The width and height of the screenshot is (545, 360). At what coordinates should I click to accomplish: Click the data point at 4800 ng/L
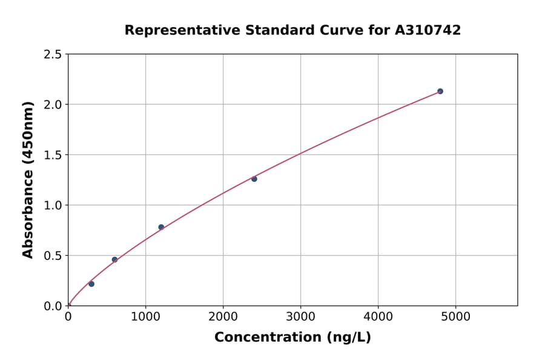(x=440, y=92)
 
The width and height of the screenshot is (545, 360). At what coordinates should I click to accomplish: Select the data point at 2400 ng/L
(x=254, y=179)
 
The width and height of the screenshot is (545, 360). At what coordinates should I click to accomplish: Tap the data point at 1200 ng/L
(x=161, y=227)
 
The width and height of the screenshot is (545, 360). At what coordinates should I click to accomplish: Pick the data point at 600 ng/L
(x=114, y=259)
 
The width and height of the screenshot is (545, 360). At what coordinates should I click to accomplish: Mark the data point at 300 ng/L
(x=91, y=284)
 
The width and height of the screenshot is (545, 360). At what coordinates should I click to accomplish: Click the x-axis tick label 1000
(x=145, y=317)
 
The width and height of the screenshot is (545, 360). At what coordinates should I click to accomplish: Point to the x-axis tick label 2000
(x=223, y=317)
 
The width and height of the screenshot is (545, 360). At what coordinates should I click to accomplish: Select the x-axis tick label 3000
(x=300, y=317)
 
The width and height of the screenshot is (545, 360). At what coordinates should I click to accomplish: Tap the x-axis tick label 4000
(x=378, y=317)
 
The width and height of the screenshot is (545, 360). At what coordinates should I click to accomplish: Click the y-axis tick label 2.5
(x=53, y=55)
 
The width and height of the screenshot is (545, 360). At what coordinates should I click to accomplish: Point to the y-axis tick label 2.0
(x=53, y=105)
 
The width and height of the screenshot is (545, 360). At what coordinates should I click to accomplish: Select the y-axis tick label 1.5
(x=53, y=155)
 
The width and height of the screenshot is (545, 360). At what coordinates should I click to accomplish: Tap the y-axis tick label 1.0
(x=53, y=205)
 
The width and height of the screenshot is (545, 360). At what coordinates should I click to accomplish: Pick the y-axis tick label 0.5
(x=53, y=256)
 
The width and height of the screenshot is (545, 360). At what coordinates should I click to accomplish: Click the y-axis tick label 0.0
(x=53, y=306)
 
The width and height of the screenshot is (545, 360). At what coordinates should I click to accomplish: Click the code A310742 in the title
(x=427, y=30)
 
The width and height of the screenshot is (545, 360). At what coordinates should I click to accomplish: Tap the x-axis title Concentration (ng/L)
(x=292, y=338)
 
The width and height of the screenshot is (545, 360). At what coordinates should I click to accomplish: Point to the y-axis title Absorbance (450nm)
(x=28, y=180)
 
